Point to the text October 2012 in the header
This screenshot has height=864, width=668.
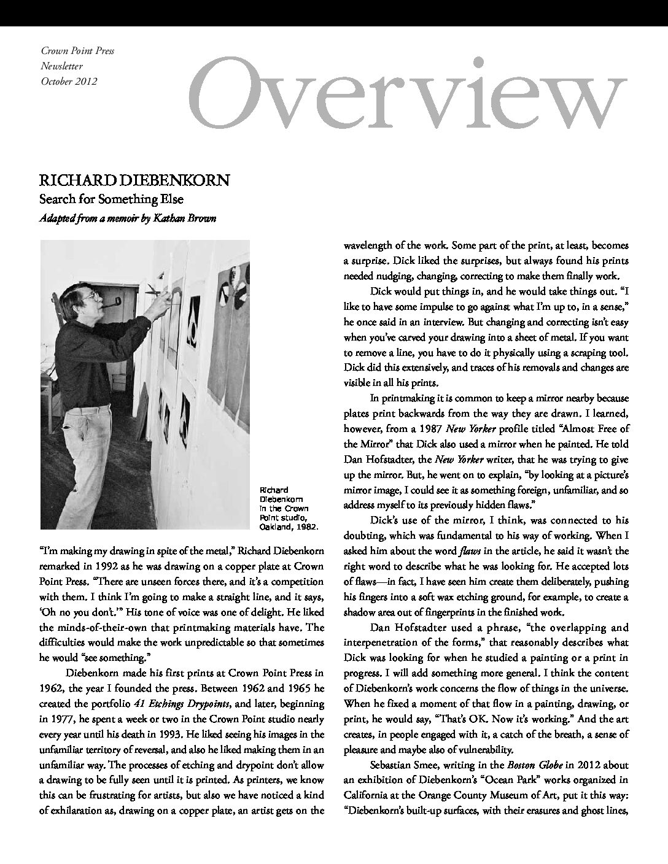point(68,81)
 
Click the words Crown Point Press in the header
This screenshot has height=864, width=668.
point(77,52)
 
